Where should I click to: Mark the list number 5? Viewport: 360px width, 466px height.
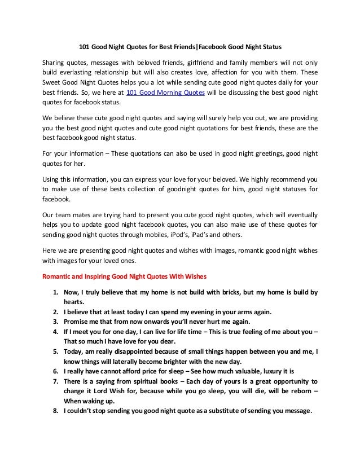click(x=55, y=351)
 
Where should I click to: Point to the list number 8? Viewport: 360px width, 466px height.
click(x=55, y=411)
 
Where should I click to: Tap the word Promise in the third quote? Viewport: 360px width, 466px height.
click(x=77, y=322)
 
